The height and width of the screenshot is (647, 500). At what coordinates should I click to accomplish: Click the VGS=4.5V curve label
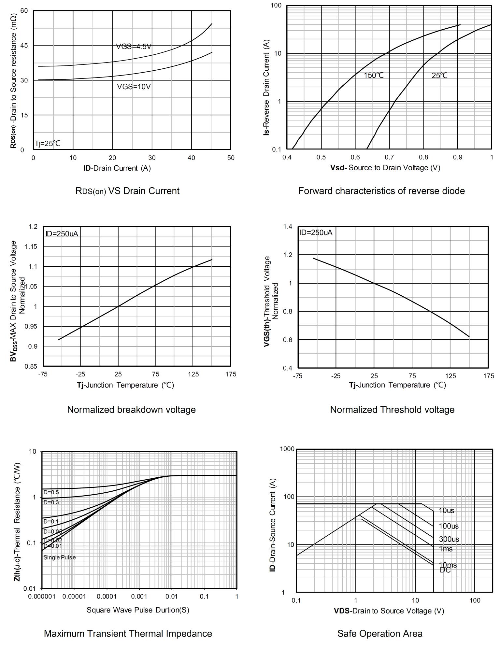pos(134,47)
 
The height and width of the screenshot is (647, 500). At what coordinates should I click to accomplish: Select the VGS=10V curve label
pos(134,87)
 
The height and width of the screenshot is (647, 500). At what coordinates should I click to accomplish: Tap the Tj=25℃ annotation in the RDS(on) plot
pos(48,144)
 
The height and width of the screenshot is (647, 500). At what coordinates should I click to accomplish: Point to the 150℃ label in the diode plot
pos(374,76)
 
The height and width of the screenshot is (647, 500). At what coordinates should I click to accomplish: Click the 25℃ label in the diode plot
pos(439,76)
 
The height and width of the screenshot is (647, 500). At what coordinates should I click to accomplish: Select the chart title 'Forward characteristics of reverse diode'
pos(381,191)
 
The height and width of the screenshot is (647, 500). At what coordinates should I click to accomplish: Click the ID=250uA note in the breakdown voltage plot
pos(62,234)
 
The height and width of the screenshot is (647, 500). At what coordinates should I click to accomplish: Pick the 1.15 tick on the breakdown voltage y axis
pos(31,247)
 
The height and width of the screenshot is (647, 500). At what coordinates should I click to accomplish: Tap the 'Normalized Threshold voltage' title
pos(392,410)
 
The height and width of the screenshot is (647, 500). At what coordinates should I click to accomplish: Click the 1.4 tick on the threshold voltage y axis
pos(287,227)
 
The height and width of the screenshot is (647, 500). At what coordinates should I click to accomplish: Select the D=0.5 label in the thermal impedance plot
pos(51,492)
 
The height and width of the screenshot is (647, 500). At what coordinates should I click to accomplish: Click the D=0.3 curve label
pos(51,502)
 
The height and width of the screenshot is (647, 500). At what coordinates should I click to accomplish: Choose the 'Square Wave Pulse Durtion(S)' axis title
pos(138,610)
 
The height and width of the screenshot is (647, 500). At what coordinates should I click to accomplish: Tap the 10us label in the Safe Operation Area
pos(446,511)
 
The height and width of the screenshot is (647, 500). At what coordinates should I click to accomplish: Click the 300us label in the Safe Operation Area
pos(449,539)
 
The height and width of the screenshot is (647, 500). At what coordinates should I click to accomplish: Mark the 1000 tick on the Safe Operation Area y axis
pos(287,449)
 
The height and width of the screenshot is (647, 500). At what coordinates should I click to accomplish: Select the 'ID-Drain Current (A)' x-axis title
pos(117,168)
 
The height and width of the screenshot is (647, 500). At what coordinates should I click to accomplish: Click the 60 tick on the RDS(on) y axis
pos(24,11)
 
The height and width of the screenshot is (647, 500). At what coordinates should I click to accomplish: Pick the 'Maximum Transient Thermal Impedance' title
pos(128,634)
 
